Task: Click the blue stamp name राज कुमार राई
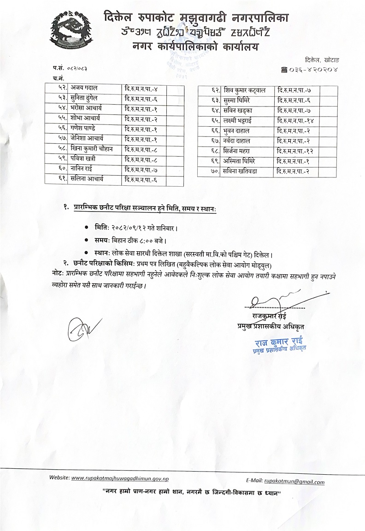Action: point(276,342)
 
